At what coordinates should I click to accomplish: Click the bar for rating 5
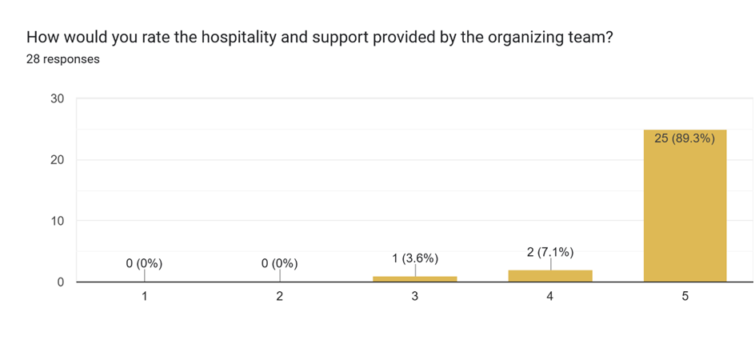(x=685, y=206)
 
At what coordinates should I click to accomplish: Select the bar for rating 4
(x=550, y=276)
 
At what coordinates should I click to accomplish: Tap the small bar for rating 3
(x=414, y=279)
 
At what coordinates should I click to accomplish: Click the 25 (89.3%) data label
(x=685, y=139)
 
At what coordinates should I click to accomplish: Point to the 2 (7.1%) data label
(x=550, y=252)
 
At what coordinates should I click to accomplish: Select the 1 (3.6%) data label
(x=415, y=258)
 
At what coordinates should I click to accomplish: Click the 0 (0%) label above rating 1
(x=145, y=264)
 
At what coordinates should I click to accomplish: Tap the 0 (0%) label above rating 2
(x=280, y=264)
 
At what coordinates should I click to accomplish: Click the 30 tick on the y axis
(x=58, y=98)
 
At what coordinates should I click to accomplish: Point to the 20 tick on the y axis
(x=58, y=160)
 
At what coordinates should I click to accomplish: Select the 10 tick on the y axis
(x=58, y=221)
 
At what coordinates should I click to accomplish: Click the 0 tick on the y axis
(x=61, y=282)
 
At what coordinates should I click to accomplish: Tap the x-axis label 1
(x=145, y=297)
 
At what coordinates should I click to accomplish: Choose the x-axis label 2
(x=280, y=297)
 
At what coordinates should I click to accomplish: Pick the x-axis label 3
(x=415, y=297)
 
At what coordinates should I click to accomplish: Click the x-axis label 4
(x=550, y=297)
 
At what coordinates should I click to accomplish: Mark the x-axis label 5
(x=685, y=297)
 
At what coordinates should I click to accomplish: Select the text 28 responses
(x=62, y=59)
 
